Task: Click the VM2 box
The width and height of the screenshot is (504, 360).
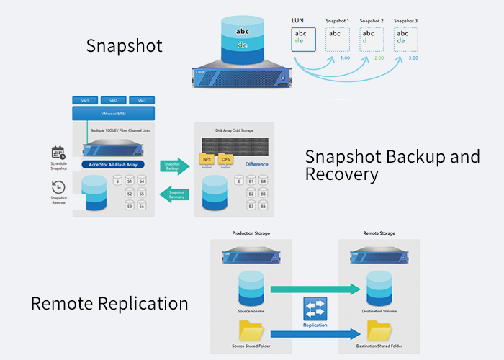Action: click(x=114, y=101)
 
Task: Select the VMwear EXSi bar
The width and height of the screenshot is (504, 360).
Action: click(x=114, y=114)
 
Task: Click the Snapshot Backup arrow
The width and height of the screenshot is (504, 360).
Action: click(x=175, y=165)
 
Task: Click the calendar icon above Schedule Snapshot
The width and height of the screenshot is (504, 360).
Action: click(x=58, y=153)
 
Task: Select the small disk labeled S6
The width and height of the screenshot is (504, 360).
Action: click(x=142, y=207)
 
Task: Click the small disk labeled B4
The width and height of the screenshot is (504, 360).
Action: click(x=264, y=181)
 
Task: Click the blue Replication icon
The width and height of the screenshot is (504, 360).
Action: click(x=315, y=310)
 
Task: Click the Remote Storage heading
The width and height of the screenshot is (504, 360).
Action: click(x=379, y=233)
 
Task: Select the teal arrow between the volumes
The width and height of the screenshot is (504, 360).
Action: click(x=314, y=289)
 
